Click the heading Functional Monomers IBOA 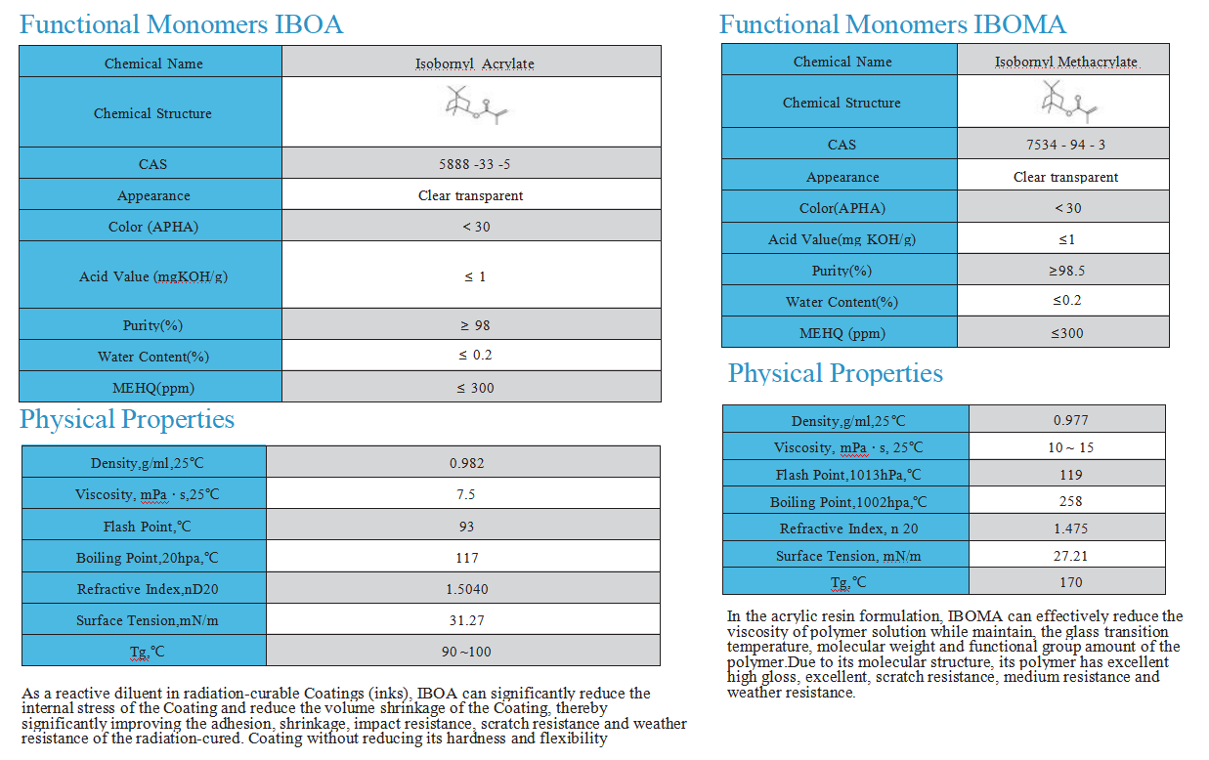click(x=181, y=24)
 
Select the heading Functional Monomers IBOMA click(x=892, y=24)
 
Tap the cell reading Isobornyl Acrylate click(x=474, y=64)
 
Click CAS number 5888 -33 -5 click(x=475, y=164)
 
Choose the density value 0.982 click(x=466, y=463)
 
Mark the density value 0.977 click(x=1070, y=420)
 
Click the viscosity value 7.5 click(x=466, y=494)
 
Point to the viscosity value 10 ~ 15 click(x=1070, y=447)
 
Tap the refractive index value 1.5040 click(x=466, y=589)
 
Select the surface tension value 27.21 click(x=1070, y=556)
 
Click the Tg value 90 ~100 click(x=466, y=652)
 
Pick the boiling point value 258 click(x=1070, y=501)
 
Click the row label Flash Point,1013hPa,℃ click(x=847, y=475)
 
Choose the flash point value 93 click(x=466, y=527)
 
